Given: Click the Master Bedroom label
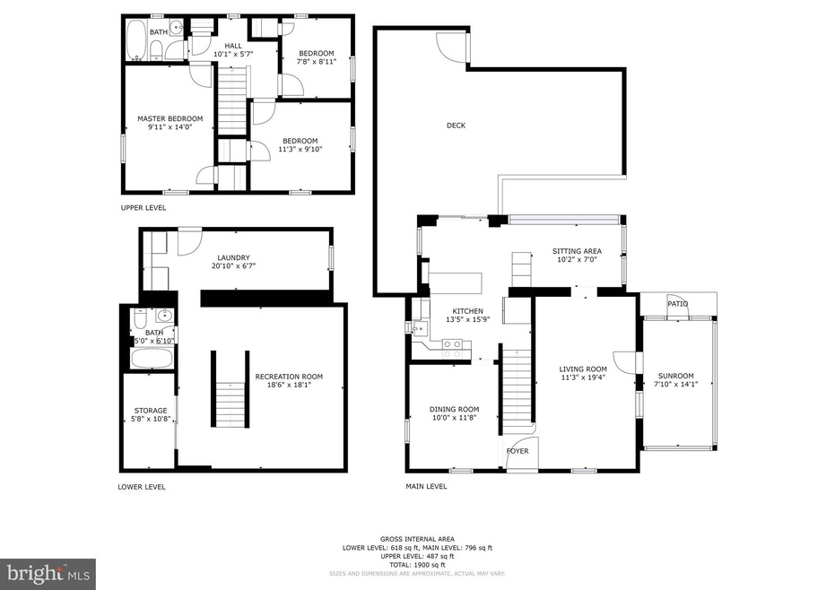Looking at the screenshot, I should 170,118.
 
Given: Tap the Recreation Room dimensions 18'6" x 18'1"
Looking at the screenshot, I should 289,386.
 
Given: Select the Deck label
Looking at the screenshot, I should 457,126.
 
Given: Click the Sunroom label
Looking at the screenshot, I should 675,377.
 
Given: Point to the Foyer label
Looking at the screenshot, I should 518,451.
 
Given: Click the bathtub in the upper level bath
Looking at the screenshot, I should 136,40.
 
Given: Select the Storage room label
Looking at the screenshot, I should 151,411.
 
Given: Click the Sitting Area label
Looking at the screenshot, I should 577,251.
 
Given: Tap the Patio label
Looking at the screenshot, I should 677,304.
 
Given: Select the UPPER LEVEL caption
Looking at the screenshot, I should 144,207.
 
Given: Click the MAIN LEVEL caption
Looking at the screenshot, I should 425,487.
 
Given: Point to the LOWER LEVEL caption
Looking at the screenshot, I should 142,487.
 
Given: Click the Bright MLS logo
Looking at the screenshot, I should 48,573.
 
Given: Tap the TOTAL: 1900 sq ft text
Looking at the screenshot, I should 417,565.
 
